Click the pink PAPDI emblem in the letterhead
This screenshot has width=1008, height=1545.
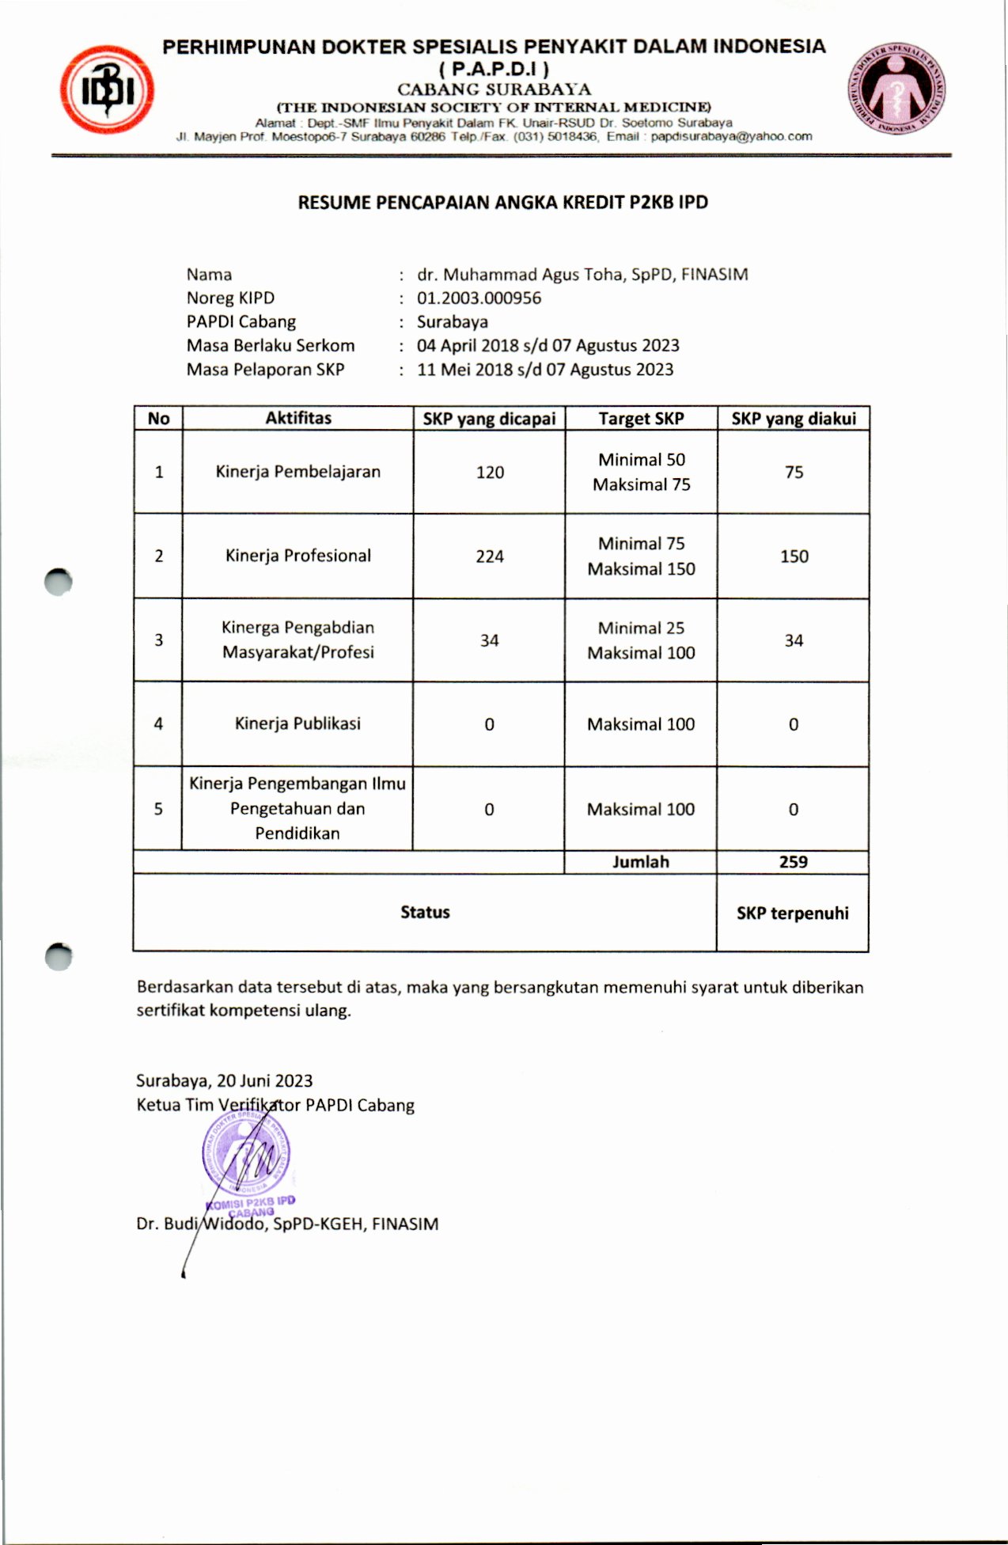897,88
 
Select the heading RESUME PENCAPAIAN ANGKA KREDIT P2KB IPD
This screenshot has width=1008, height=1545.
502,203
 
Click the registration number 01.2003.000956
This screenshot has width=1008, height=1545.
479,298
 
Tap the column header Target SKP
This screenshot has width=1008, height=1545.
641,419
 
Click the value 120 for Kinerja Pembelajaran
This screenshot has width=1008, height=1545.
490,473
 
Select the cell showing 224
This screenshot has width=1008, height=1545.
490,556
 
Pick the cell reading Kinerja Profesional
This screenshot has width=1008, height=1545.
297,556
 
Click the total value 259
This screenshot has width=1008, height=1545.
793,862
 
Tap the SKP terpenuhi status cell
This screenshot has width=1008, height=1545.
792,913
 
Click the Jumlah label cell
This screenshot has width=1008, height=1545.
640,862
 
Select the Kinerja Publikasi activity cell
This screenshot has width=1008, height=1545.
297,723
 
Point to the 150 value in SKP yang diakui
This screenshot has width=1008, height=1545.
794,556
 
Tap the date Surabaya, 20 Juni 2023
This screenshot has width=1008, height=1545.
224,1080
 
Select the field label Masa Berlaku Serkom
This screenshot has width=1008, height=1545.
271,346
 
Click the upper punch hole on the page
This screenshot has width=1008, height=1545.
58,582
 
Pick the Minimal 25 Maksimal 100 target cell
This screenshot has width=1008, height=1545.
641,640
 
